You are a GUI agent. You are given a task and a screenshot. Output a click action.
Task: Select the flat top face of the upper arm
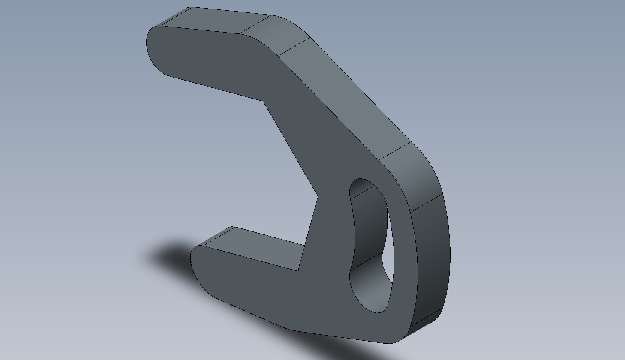[x=214, y=21]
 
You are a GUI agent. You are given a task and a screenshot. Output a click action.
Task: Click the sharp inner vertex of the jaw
[x=318, y=196]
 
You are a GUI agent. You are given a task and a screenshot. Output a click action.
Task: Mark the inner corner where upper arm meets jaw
[x=263, y=101]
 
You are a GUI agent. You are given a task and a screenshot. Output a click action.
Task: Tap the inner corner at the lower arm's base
[x=299, y=270]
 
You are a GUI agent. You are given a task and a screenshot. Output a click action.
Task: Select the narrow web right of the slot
[x=403, y=257]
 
